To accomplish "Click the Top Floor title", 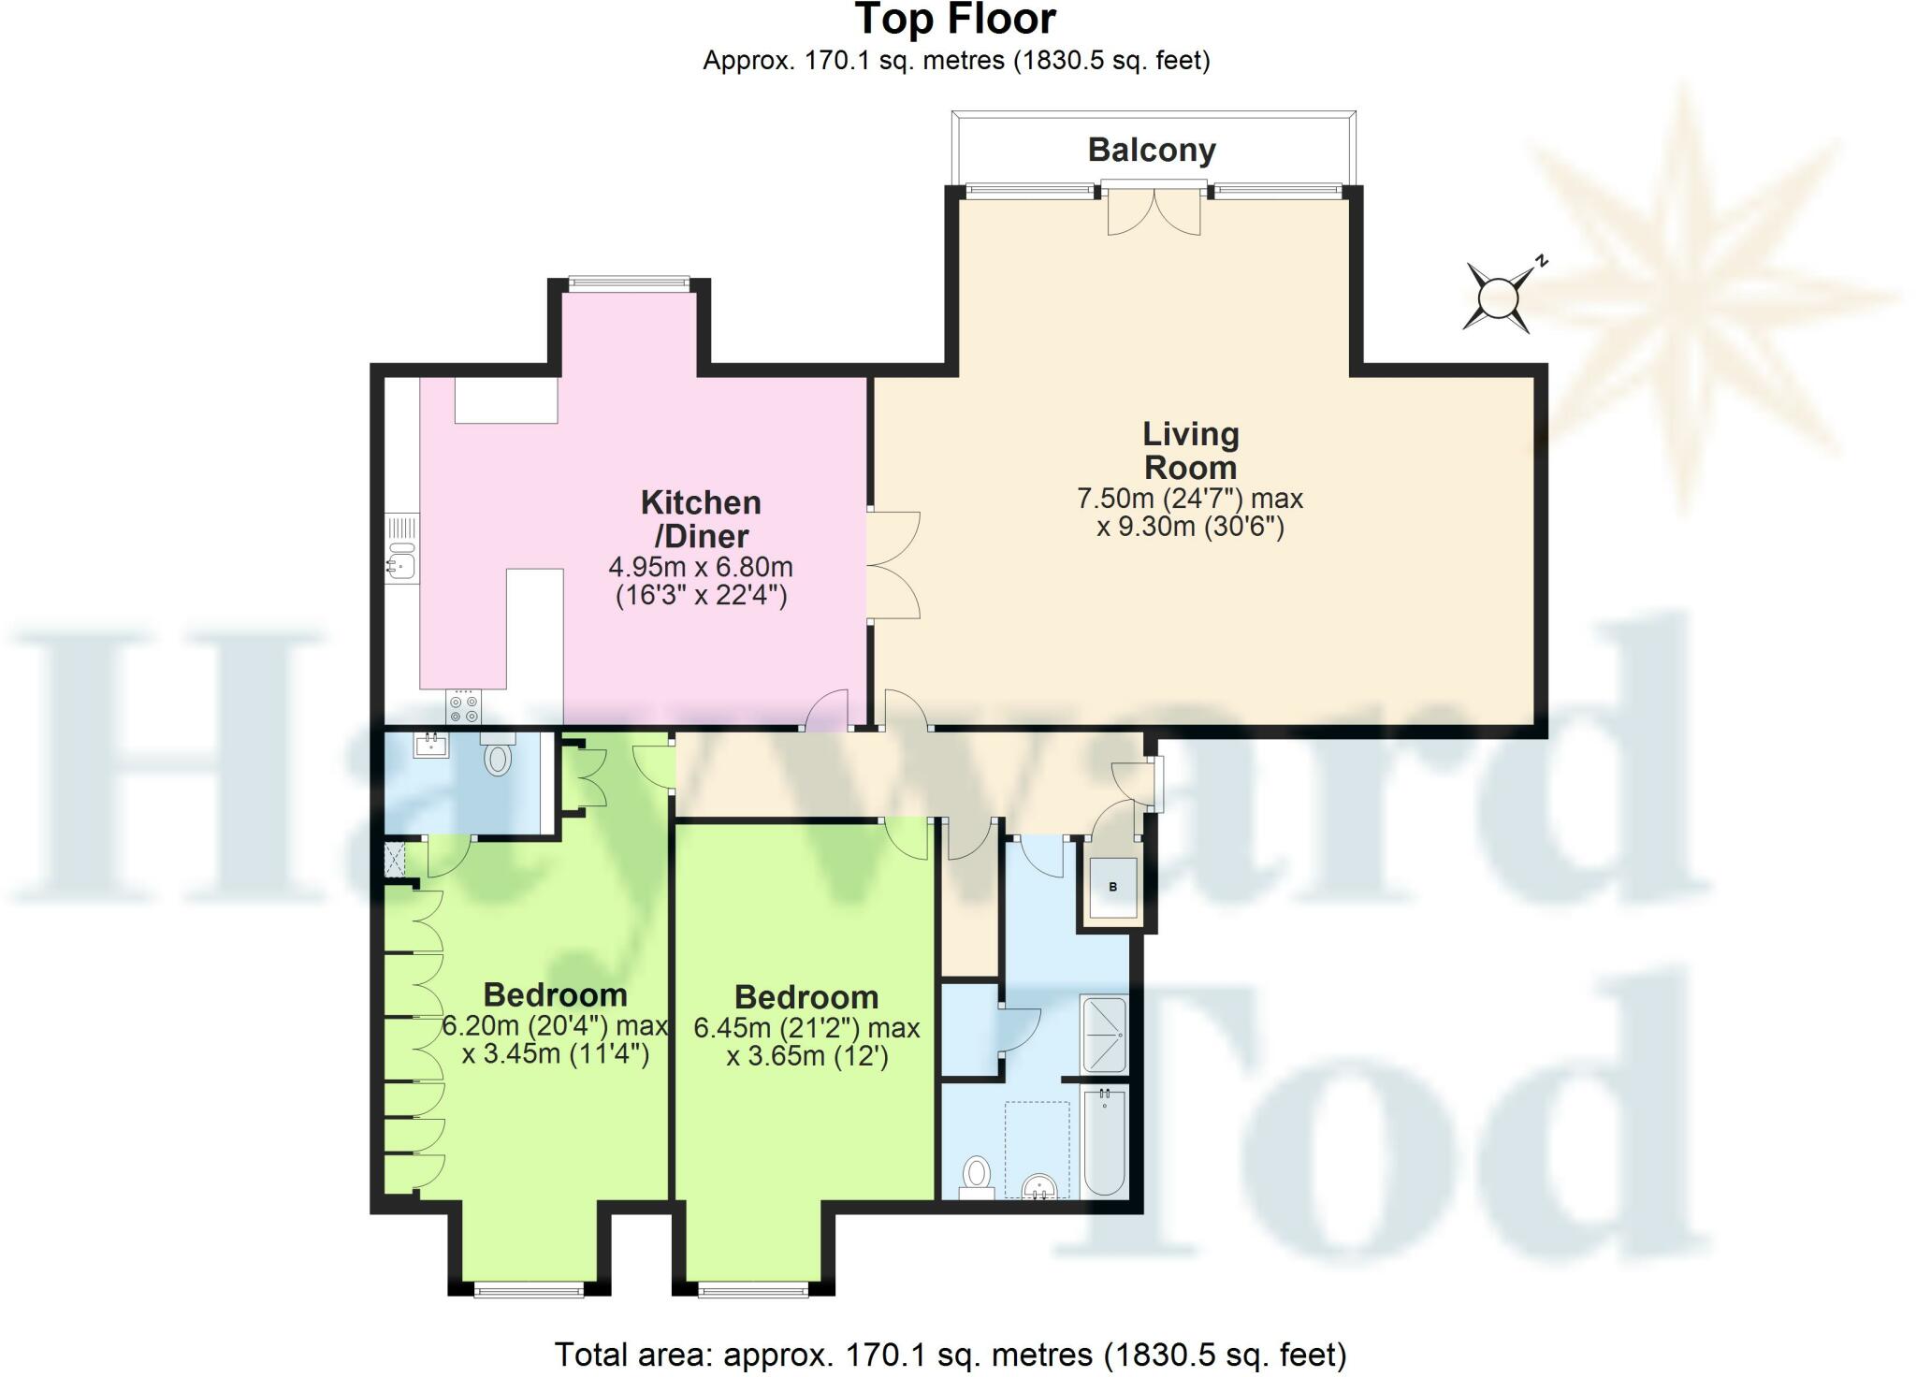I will tap(955, 20).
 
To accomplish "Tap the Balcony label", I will tap(1151, 150).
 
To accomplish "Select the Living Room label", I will tap(1190, 450).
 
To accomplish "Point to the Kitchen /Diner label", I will tap(701, 519).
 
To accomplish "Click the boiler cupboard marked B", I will tap(1112, 887).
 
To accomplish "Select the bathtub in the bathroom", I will tap(1105, 1141).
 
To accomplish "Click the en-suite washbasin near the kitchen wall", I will tap(432, 745).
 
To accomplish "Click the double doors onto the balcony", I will tap(1154, 211).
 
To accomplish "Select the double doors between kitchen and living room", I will tap(893, 565).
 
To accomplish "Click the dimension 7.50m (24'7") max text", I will tap(1190, 499).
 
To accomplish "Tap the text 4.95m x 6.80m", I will tap(701, 567).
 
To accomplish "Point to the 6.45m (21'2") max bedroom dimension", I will tap(806, 1028).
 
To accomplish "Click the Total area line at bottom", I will tap(950, 1354).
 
